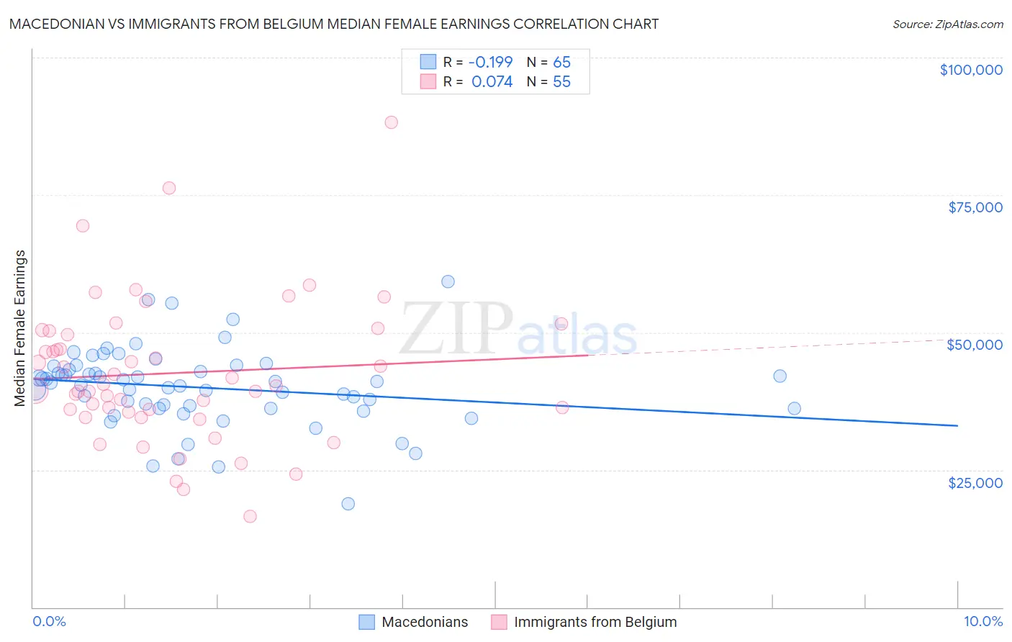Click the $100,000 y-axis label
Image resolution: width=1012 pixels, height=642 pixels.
(x=971, y=70)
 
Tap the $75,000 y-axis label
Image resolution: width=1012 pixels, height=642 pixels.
(x=975, y=207)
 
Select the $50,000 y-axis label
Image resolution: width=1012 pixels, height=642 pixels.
(x=975, y=345)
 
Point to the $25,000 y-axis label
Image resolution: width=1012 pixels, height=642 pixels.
(x=975, y=482)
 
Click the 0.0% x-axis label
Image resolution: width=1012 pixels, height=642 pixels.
(x=49, y=621)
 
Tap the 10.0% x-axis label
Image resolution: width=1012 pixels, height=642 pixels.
(x=983, y=621)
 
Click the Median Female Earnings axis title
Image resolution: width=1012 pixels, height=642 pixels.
(x=20, y=328)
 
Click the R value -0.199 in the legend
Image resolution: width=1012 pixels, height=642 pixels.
(x=490, y=62)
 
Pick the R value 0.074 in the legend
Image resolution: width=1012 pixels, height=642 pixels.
(x=492, y=82)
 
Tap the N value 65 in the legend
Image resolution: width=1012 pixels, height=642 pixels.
(x=561, y=62)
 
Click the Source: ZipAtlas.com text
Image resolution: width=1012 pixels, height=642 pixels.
(x=947, y=24)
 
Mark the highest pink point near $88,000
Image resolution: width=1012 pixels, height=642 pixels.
(x=391, y=122)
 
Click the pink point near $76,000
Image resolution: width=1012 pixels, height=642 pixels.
(x=169, y=188)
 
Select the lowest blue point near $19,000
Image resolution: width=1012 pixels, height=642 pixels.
(x=348, y=504)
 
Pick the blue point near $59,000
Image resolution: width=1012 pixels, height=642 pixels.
(x=448, y=281)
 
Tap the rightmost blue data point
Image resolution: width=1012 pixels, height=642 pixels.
(x=794, y=408)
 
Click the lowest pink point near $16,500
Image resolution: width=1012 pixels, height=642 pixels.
(x=250, y=516)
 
